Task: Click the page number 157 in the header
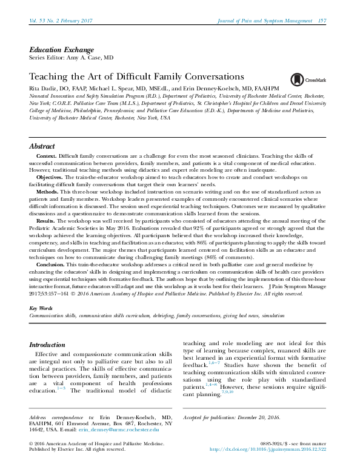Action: click(322, 21)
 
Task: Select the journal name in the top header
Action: click(265, 21)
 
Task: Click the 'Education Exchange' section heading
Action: click(61, 50)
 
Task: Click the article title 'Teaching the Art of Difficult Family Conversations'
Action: click(137, 77)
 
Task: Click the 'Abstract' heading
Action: click(42, 147)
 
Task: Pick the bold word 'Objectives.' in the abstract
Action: click(50, 177)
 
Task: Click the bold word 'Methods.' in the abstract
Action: click(48, 191)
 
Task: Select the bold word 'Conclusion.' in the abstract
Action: click(50, 265)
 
